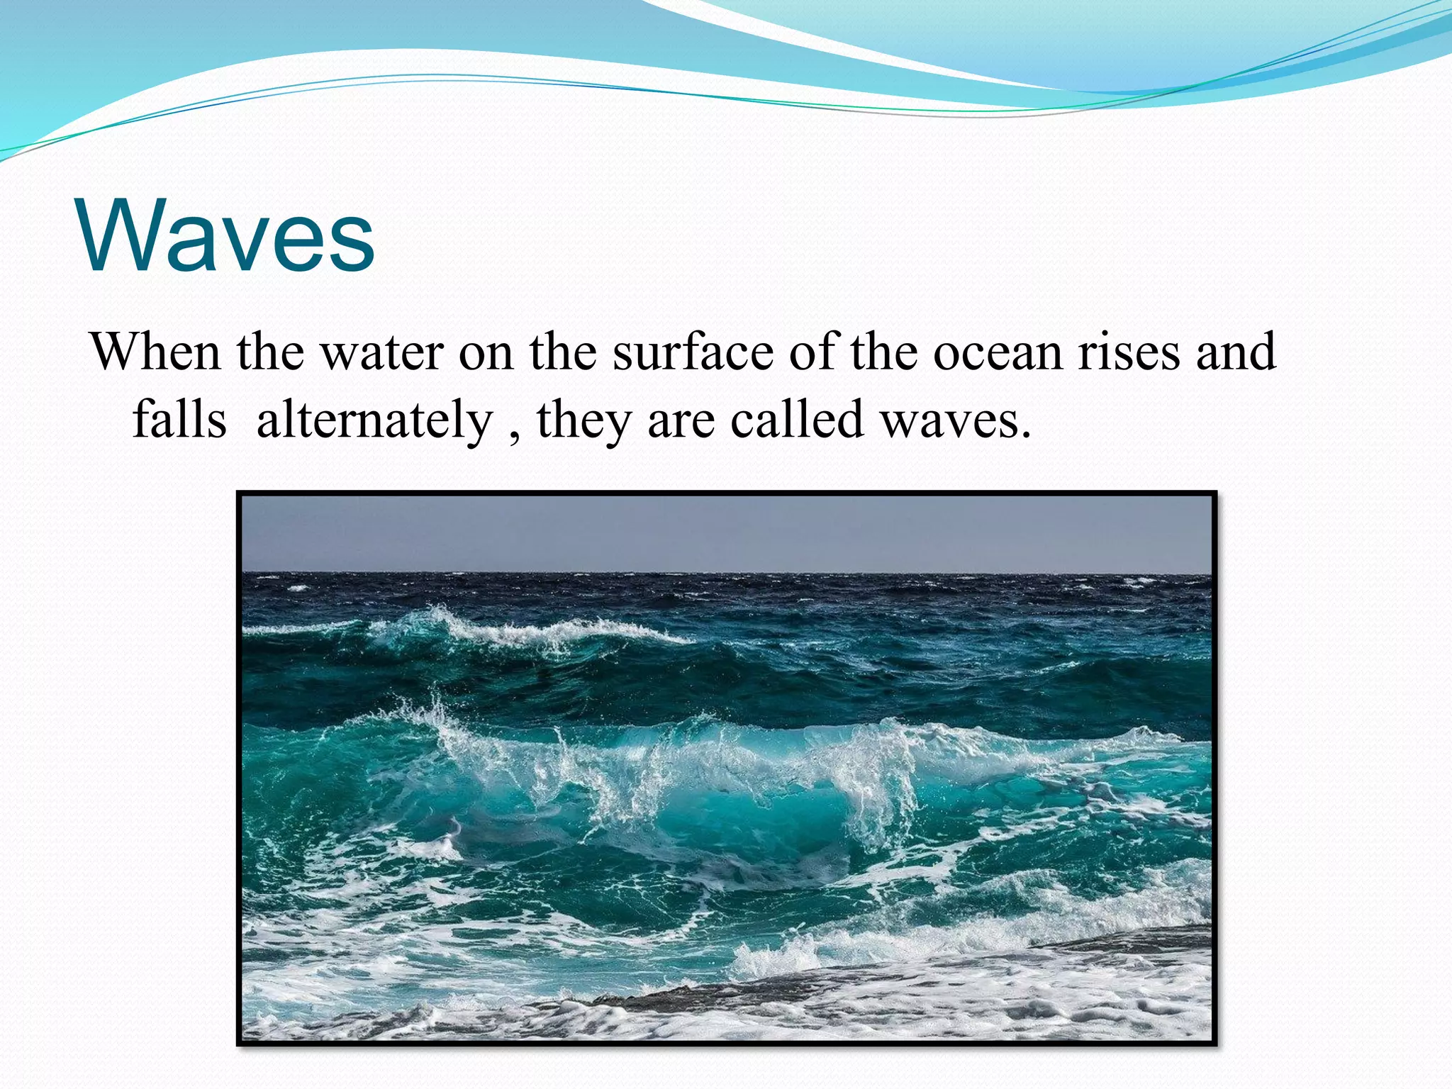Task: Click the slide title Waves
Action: [227, 236]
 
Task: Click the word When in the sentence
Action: [155, 352]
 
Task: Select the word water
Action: [383, 353]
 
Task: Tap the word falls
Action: [179, 419]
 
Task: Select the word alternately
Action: [374, 419]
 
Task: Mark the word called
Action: [797, 419]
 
